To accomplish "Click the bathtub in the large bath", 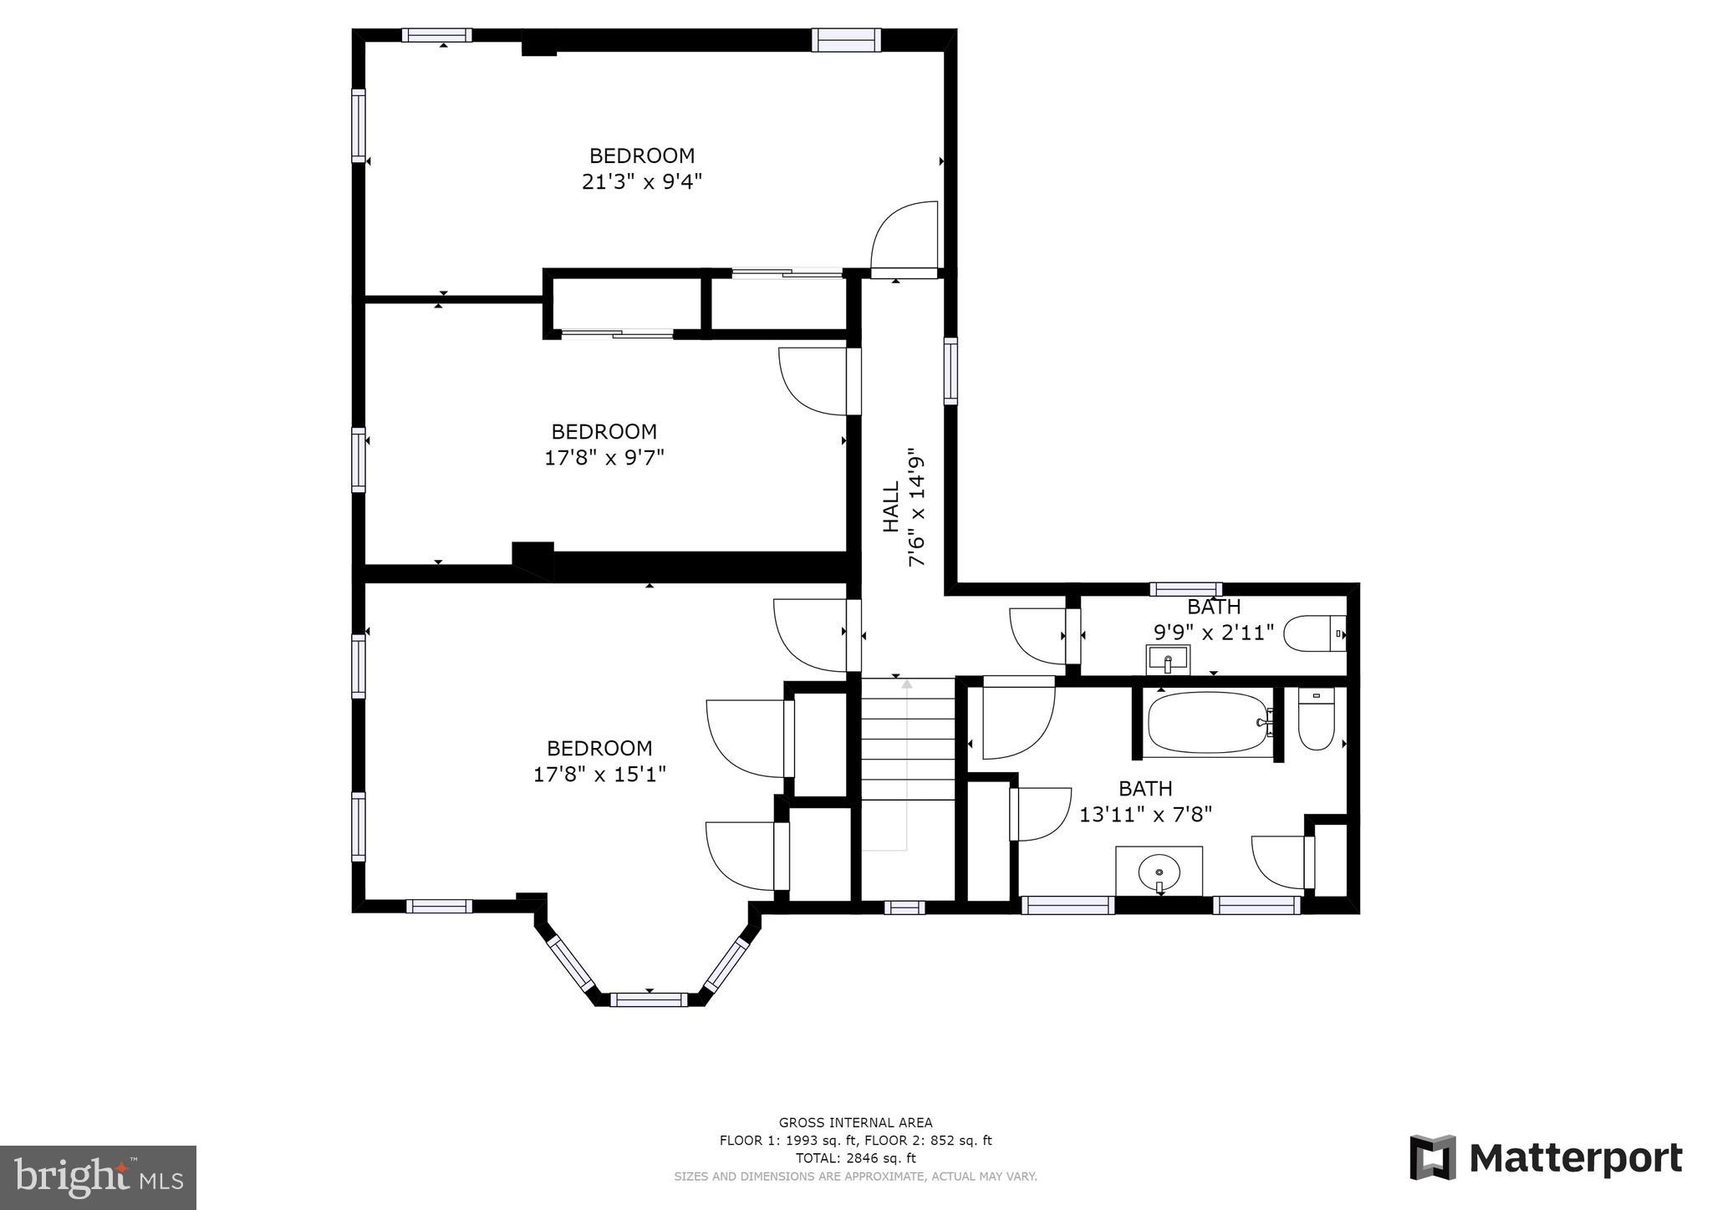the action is click(1209, 724).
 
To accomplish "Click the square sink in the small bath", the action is click(1168, 659).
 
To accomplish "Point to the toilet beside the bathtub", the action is click(1316, 719).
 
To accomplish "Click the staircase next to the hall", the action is click(908, 765).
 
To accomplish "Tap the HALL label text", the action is click(891, 506).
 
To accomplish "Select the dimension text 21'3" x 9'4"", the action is click(641, 181).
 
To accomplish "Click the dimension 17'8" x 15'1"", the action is click(599, 774).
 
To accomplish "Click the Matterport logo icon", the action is click(1433, 1157).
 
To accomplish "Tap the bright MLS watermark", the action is click(99, 1177).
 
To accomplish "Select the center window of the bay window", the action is click(649, 999).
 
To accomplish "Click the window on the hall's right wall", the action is click(950, 371).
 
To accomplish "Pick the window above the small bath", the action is click(1185, 589).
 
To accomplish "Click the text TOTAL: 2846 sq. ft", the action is click(855, 1158).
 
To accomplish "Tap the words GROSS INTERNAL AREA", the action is click(855, 1123).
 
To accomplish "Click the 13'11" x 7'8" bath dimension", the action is click(1145, 814).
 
